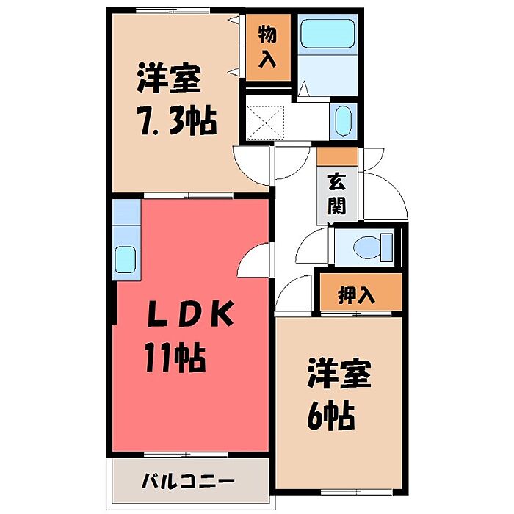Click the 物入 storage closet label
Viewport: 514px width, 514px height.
(x=267, y=47)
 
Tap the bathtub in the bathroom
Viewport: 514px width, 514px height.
(x=327, y=33)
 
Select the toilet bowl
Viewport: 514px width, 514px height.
(x=367, y=248)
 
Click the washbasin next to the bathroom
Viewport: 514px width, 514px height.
(x=343, y=121)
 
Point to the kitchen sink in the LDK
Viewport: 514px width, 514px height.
(x=125, y=259)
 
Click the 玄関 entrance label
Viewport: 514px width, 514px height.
(x=336, y=195)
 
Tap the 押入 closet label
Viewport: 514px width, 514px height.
(x=356, y=295)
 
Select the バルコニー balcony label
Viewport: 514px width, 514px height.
(x=188, y=482)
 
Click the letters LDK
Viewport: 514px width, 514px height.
(x=191, y=314)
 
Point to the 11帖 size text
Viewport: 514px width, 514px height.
(x=175, y=358)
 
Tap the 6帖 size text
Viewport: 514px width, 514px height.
(x=330, y=416)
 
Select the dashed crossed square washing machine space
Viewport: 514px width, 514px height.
(x=265, y=123)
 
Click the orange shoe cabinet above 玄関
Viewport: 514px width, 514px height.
(x=337, y=156)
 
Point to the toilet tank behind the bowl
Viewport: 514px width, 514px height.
(x=387, y=248)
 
